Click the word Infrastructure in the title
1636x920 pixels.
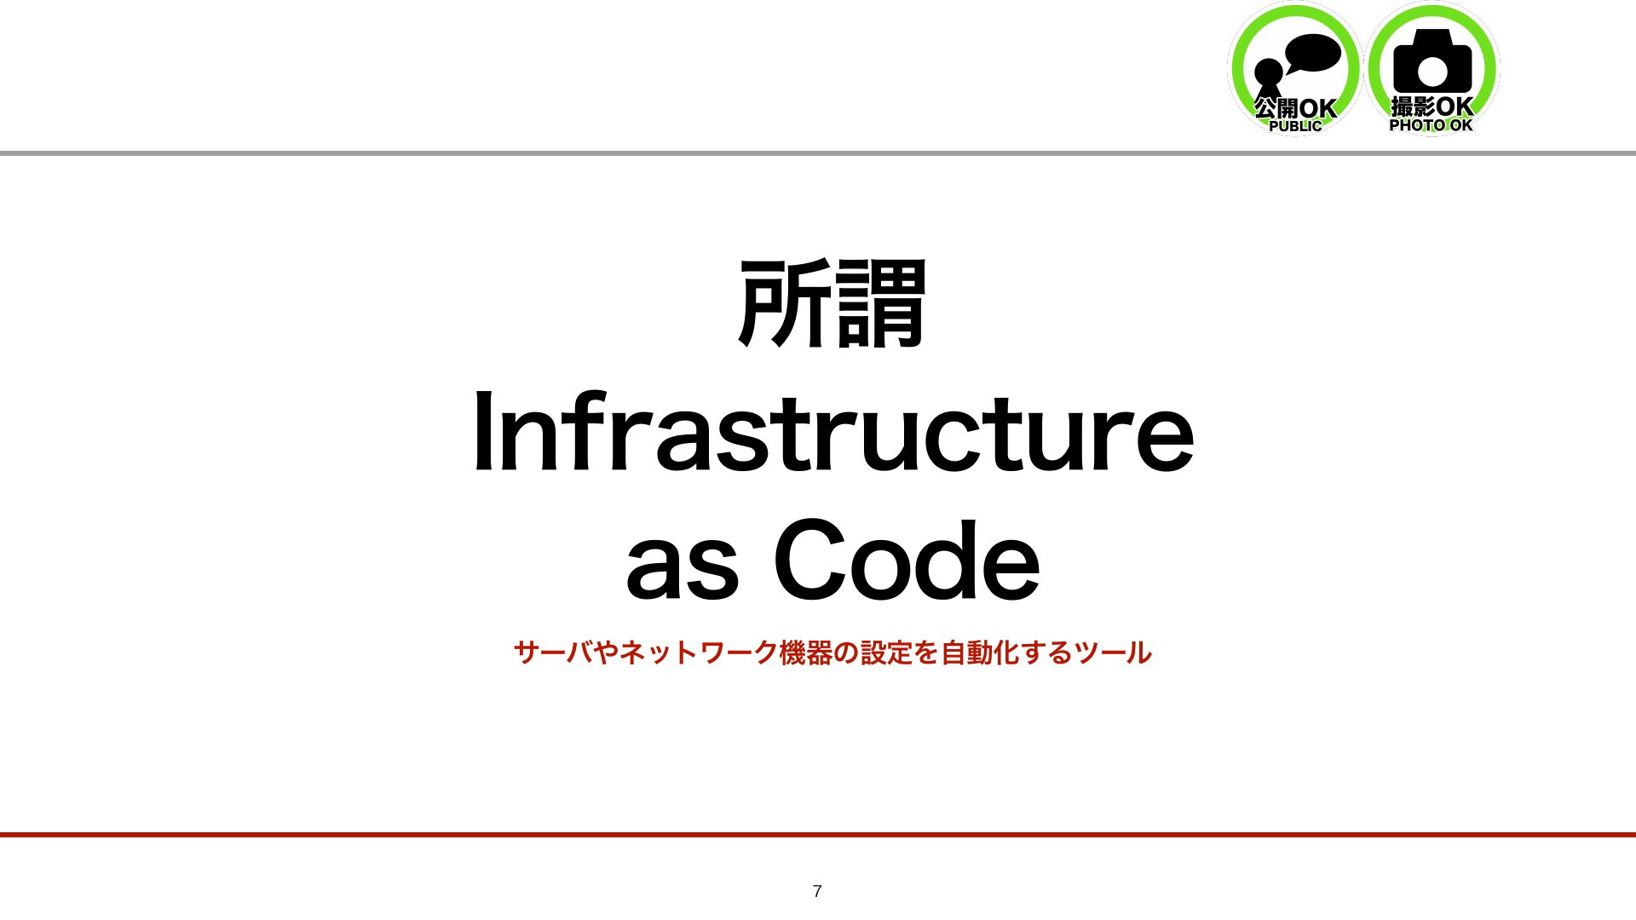click(833, 430)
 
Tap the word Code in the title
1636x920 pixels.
click(907, 561)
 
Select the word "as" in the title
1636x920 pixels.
click(682, 572)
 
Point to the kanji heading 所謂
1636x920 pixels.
click(832, 303)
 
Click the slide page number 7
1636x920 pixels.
click(817, 891)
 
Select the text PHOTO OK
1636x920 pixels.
click(1431, 125)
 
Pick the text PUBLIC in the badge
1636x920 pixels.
click(1295, 126)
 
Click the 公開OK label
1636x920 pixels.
click(1295, 108)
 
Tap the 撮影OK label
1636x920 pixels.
click(1432, 106)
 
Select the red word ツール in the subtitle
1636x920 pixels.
click(1113, 653)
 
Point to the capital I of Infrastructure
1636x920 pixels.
click(482, 430)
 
